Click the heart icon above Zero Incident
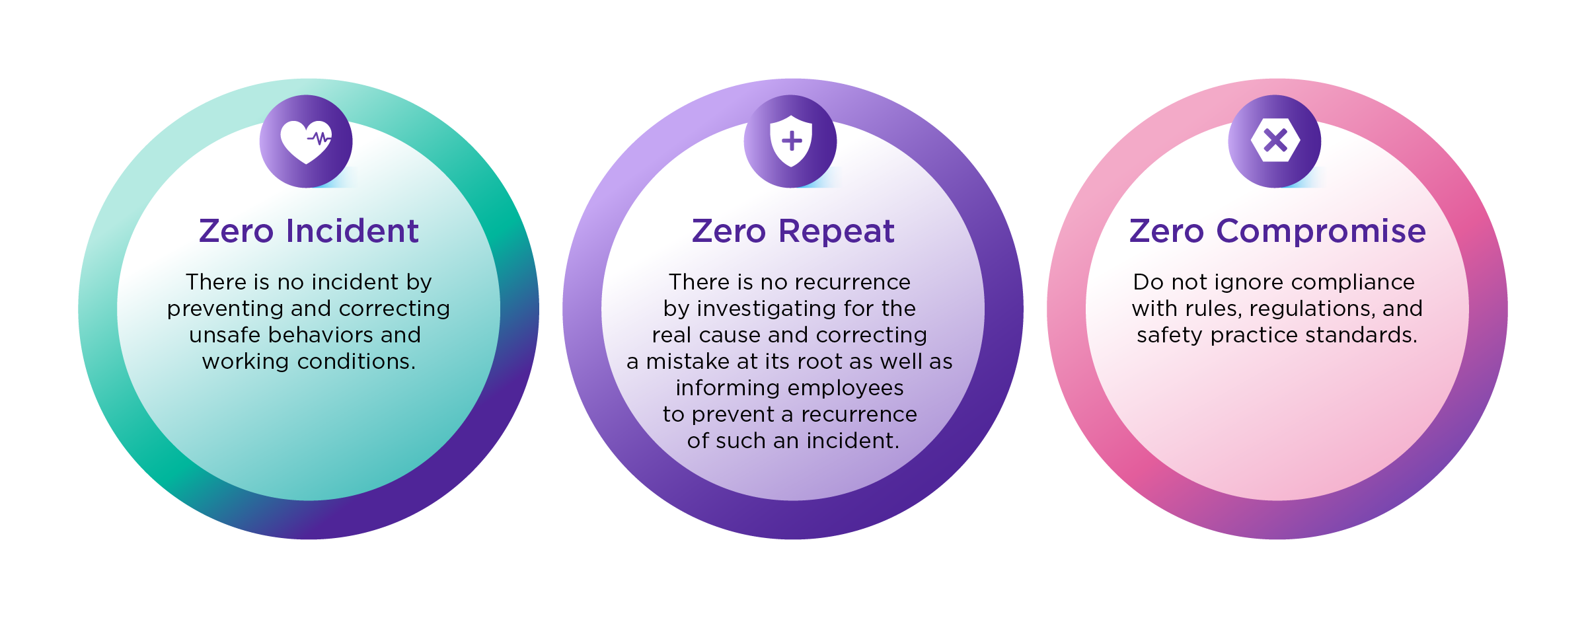tap(306, 141)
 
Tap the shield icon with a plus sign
tap(791, 141)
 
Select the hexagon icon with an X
tap(1275, 140)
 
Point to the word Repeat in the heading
tap(836, 231)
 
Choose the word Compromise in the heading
tap(1321, 231)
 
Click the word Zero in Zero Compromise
tap(1167, 231)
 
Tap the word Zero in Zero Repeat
tap(729, 231)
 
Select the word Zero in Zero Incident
tap(236, 231)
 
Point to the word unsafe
tap(225, 335)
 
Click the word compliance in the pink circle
tap(1353, 282)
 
